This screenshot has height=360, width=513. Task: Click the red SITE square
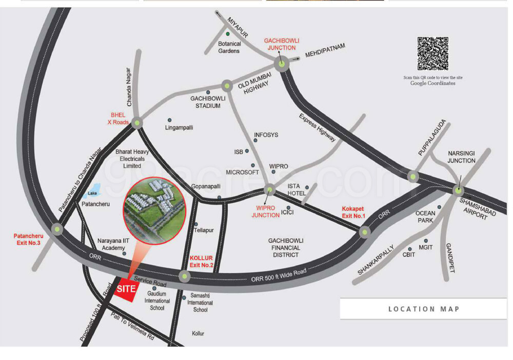click(126, 289)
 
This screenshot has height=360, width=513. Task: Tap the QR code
click(432, 53)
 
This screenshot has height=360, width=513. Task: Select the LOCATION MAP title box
click(423, 309)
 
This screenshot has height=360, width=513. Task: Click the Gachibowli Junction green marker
click(282, 64)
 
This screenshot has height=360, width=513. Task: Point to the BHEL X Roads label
click(117, 118)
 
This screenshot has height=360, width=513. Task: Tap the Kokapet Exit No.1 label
click(353, 212)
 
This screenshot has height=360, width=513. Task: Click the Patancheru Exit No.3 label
click(28, 239)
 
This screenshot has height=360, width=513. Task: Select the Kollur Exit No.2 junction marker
click(184, 276)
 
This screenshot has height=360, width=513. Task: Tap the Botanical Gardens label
click(229, 47)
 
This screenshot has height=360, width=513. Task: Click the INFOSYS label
click(266, 135)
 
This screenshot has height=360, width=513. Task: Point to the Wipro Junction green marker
click(269, 190)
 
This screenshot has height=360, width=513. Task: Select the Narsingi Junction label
click(462, 157)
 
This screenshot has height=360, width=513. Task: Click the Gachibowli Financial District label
click(286, 247)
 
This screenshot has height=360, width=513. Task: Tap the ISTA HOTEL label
click(296, 189)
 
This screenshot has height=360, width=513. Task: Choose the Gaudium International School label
click(157, 301)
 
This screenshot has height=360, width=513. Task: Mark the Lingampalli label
click(180, 127)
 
